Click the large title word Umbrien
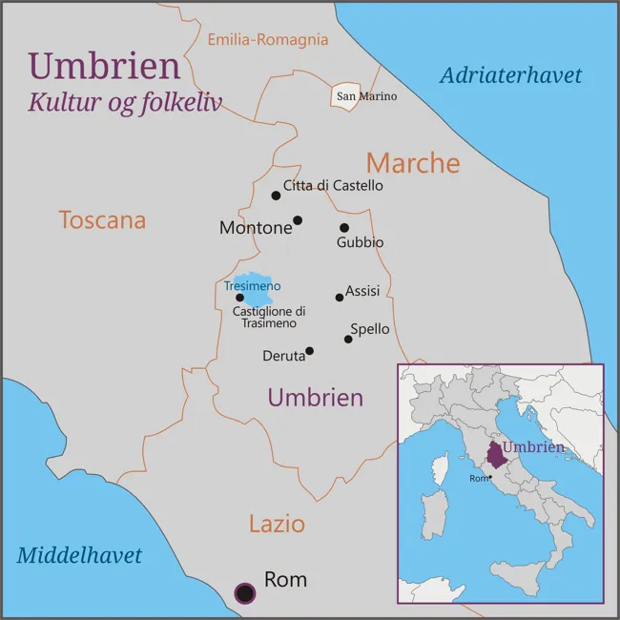104,66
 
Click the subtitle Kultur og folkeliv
124,102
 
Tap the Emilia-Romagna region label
268,40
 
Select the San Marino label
365,96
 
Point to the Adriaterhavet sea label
510,76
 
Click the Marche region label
413,163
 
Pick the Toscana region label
102,220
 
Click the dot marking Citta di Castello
276,196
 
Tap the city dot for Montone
298,220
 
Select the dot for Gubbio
344,228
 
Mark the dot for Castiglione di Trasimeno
240,298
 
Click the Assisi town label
362,291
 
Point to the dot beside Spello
348,339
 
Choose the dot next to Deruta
309,351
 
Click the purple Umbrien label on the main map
315,398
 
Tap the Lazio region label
277,524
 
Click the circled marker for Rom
245,593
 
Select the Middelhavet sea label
79,555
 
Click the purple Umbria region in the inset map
494,453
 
